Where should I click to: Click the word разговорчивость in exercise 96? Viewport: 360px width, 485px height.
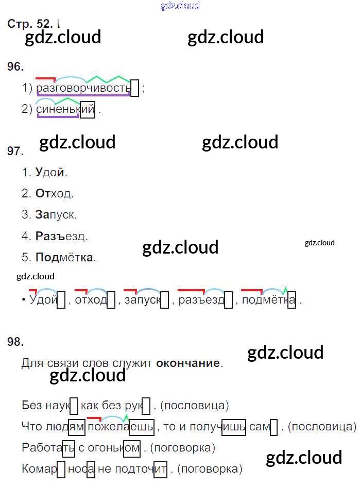(x=83, y=88)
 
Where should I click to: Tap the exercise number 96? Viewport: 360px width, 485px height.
(x=16, y=66)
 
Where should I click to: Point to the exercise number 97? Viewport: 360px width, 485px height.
(x=16, y=151)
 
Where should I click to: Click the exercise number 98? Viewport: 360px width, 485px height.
(x=16, y=342)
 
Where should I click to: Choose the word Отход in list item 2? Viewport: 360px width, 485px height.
(x=55, y=194)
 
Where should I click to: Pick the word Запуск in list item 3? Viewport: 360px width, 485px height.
(x=56, y=215)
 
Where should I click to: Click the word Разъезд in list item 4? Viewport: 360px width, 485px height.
(x=61, y=236)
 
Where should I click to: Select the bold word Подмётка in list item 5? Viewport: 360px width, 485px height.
(x=65, y=257)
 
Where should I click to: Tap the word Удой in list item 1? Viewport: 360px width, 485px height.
(x=51, y=173)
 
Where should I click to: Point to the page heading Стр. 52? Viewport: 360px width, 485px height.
(x=30, y=24)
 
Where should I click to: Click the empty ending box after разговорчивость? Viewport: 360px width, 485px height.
(x=135, y=88)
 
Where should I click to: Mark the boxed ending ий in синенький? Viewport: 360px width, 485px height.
(x=88, y=109)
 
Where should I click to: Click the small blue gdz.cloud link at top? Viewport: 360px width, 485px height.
(x=180, y=6)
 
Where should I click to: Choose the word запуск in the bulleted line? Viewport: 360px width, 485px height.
(x=142, y=300)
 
